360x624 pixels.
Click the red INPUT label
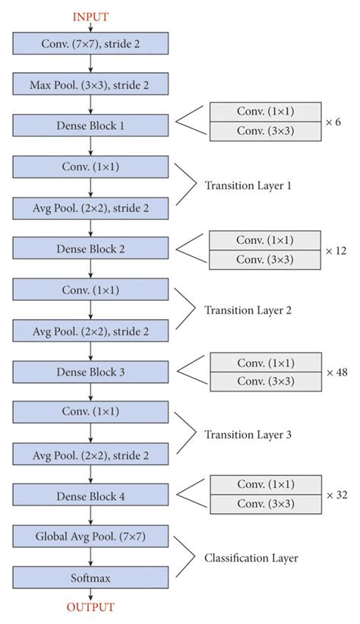pos(90,16)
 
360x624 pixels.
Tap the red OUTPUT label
pos(90,607)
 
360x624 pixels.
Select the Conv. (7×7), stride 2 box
pos(90,43)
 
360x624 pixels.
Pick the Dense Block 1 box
pos(90,125)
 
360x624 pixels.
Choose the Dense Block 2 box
pos(90,249)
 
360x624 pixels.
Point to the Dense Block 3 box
pos(90,372)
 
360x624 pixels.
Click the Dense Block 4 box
pos(90,496)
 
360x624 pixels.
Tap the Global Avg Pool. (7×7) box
pos(90,537)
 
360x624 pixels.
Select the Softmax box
pos(90,578)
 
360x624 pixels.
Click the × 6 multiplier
pos(333,122)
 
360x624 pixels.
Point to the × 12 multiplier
pos(336,249)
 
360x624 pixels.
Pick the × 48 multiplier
pos(336,372)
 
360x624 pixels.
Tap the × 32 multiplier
pos(336,495)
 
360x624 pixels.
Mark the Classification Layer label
pos(251,558)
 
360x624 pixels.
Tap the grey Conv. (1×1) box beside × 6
pos(265,112)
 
